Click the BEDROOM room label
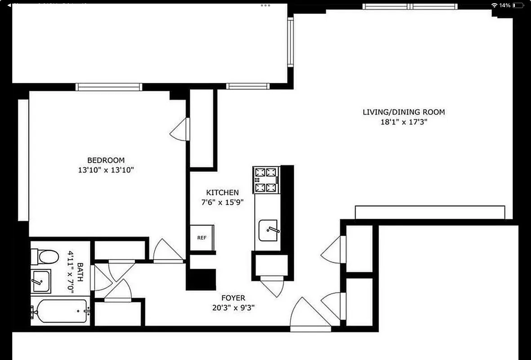coord(106,160)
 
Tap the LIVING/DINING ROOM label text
coord(403,112)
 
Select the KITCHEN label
coord(222,193)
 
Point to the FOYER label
coord(233,298)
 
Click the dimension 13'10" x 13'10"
coord(106,170)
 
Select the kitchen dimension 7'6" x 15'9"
coord(222,202)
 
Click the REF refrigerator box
coord(202,237)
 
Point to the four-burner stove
coord(266,180)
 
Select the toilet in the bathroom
coord(45,257)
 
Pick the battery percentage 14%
coord(504,5)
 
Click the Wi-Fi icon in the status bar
coord(495,5)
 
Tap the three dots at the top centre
coord(266,5)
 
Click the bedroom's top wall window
coord(108,87)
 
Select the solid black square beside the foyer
coord(201,279)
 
